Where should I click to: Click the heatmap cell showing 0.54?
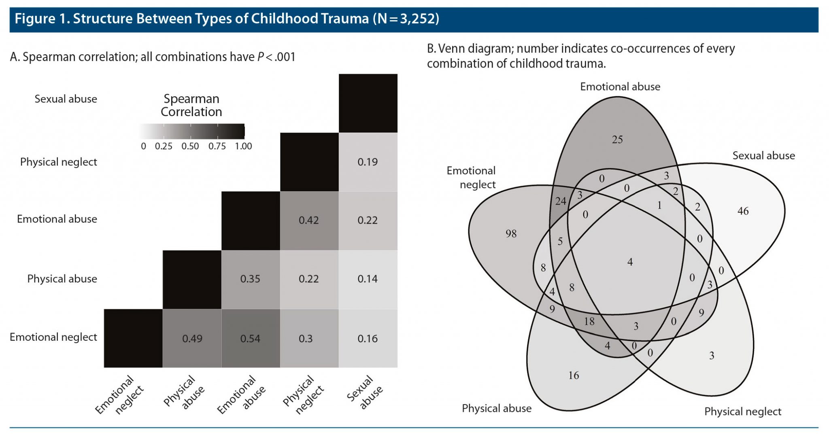tap(250, 339)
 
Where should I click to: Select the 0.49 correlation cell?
tap(192, 339)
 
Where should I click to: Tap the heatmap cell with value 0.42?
tap(309, 221)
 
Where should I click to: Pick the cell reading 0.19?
tap(368, 162)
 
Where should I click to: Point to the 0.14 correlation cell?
tap(368, 279)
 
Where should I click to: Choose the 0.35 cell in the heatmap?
tap(250, 279)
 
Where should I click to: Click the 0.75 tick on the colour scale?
tap(217, 146)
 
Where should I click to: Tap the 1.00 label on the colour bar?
tap(243, 146)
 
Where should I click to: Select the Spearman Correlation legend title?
tap(191, 105)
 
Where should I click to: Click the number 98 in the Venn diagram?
tap(511, 234)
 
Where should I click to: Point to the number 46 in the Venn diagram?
tap(743, 211)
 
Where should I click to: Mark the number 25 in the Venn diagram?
tap(617, 140)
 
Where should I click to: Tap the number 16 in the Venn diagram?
tap(574, 376)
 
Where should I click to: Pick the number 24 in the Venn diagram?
tap(561, 201)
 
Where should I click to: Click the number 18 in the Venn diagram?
tap(589, 322)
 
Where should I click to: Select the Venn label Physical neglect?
tap(743, 412)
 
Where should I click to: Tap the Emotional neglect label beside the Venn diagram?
tap(471, 178)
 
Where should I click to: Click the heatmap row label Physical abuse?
tap(62, 279)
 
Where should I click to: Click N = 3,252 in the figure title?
tap(406, 19)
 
